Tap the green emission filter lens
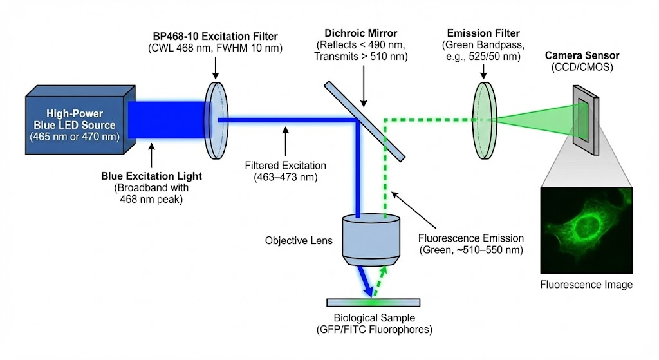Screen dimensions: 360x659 point(485,119)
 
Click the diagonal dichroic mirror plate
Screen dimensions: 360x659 point(365,120)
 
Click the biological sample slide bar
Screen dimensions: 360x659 point(373,302)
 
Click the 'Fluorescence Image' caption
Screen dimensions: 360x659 point(586,284)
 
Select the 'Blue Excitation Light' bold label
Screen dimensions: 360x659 point(151,176)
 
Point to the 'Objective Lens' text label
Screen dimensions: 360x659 point(299,241)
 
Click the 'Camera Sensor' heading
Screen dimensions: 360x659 point(581,56)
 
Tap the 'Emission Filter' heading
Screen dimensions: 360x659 point(484,33)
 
